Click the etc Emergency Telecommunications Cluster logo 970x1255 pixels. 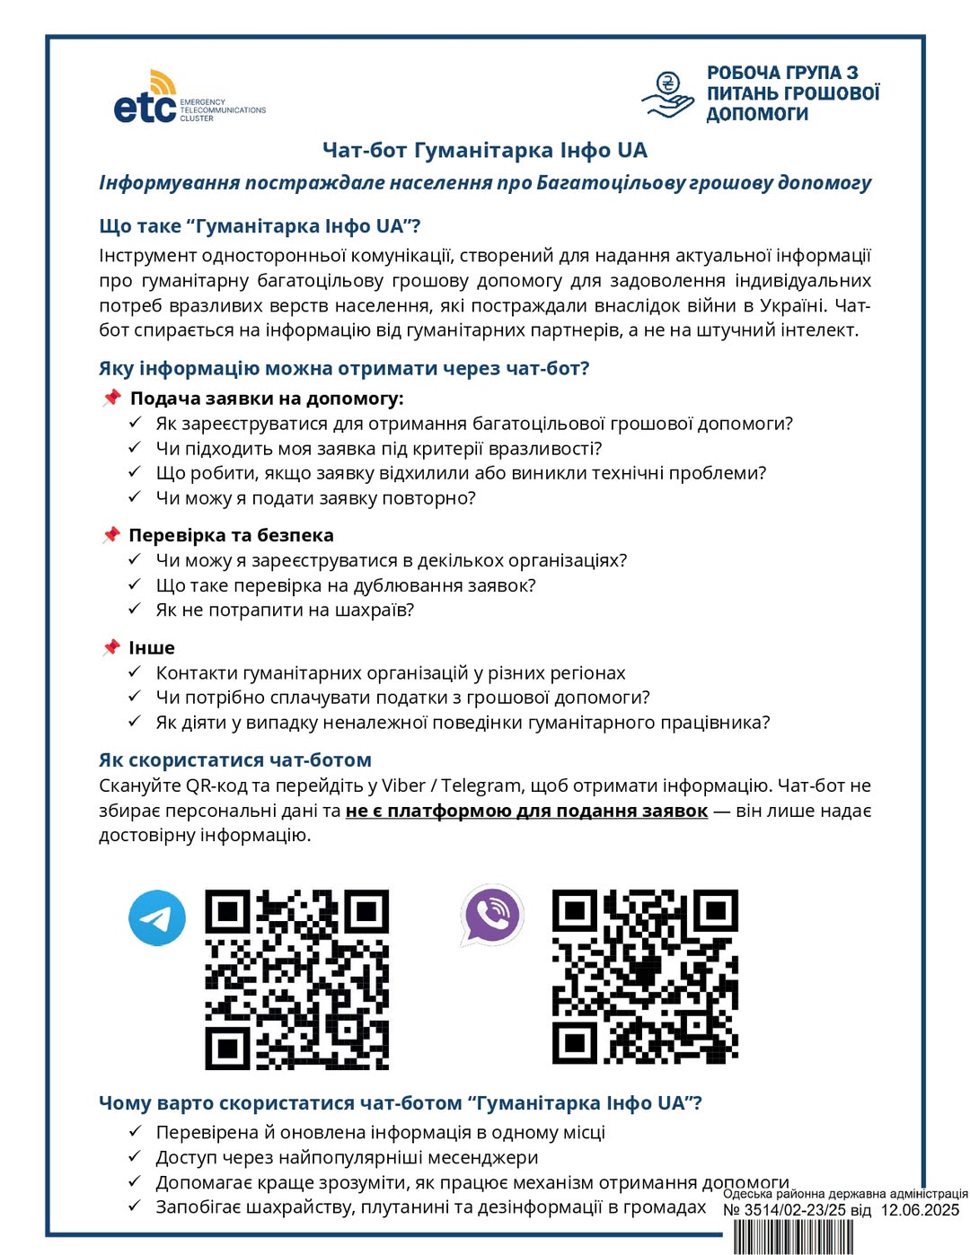click(189, 98)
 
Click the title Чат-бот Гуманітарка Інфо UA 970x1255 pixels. click(485, 150)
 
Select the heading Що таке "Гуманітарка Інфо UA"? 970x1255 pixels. click(260, 225)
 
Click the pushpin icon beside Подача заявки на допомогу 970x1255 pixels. click(111, 398)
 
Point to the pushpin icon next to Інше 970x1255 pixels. click(111, 647)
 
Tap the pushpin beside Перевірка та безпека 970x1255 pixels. click(111, 535)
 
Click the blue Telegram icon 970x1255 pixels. click(157, 917)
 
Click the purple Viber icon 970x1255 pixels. click(491, 915)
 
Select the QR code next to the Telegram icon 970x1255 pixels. click(297, 979)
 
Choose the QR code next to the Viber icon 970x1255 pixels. click(645, 977)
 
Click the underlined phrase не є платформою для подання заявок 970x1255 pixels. click(526, 811)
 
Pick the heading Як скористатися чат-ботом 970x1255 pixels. click(234, 759)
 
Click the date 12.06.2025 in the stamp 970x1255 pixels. click(920, 1210)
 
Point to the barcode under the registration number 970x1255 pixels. click(794, 1238)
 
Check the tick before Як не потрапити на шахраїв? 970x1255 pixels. click(135, 609)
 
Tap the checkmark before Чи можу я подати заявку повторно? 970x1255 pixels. click(135, 496)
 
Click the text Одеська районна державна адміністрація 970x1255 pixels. click(845, 1194)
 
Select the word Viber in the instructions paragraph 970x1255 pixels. click(403, 785)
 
